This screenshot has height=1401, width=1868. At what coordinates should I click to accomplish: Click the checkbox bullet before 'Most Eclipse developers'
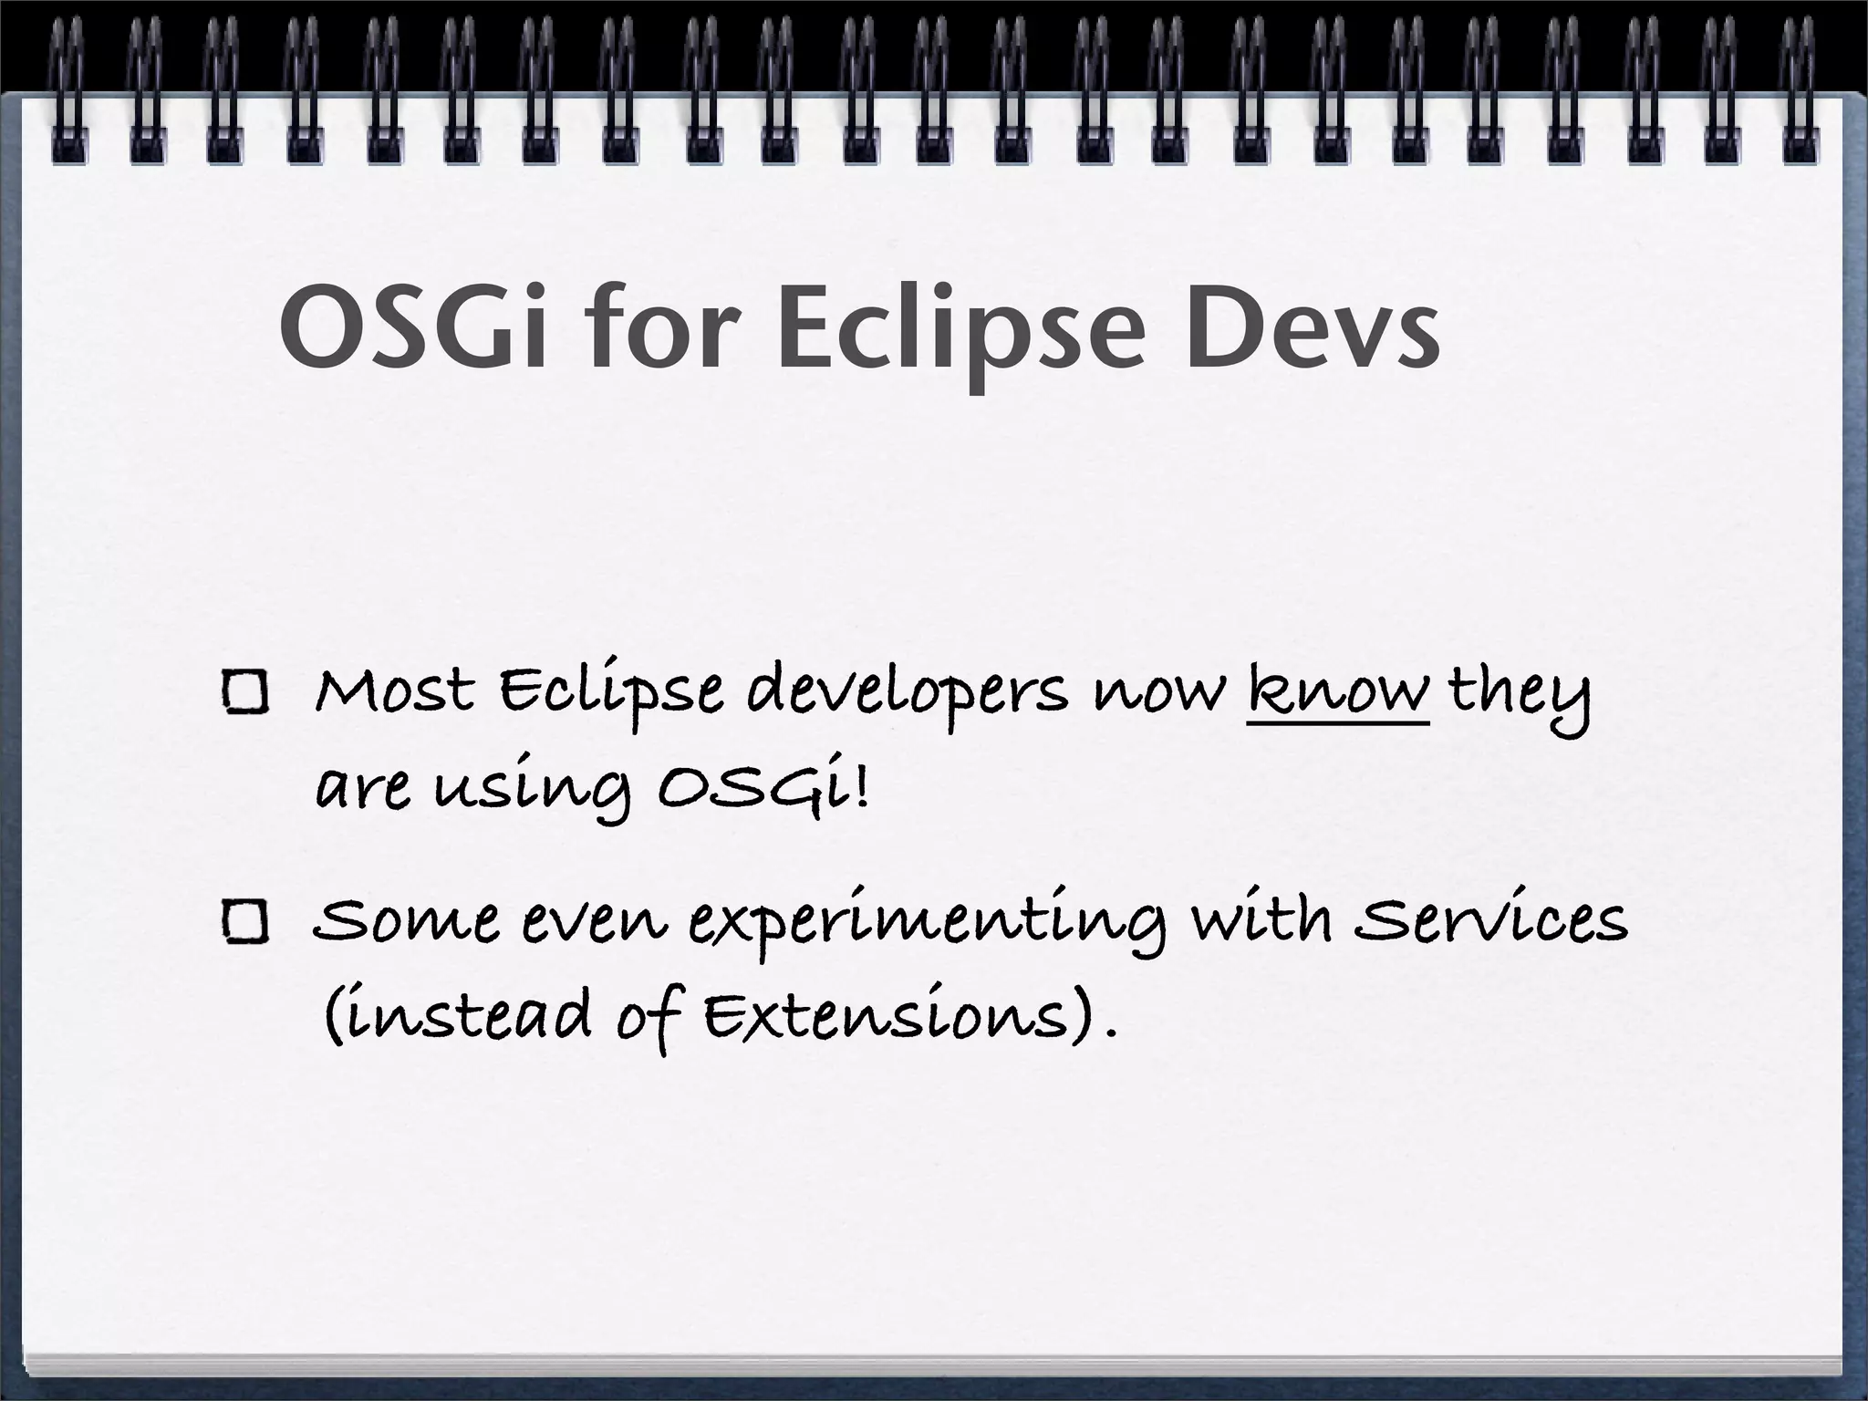(x=244, y=693)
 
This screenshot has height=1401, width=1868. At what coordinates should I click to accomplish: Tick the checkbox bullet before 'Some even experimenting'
(x=244, y=921)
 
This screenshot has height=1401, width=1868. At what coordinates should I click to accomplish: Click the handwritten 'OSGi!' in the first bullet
(x=763, y=788)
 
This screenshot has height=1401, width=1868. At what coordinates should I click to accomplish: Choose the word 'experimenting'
(x=927, y=923)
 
